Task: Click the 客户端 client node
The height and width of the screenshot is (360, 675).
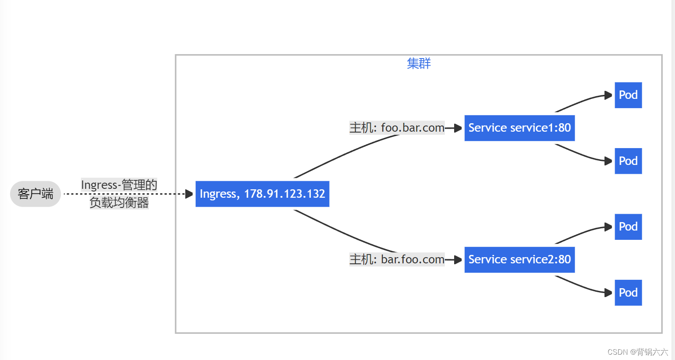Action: pos(35,194)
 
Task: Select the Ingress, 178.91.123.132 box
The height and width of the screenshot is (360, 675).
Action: pos(262,194)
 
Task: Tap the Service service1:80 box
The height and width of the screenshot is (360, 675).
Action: pos(519,128)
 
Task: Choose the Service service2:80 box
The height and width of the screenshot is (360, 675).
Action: pos(519,260)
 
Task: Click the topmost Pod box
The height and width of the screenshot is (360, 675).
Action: pos(628,95)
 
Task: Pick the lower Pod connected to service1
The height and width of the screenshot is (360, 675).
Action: pos(628,161)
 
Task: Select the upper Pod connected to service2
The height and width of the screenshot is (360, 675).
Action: pos(628,227)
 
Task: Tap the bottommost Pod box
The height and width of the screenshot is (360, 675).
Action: pos(628,293)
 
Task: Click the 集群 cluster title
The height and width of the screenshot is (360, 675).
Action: pos(419,63)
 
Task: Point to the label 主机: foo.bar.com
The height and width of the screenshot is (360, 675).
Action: pos(397,128)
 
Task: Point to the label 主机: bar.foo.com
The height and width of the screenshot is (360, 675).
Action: pos(397,259)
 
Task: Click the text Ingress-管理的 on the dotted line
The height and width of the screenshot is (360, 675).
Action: pos(119,185)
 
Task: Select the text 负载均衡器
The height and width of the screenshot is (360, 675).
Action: pos(119,203)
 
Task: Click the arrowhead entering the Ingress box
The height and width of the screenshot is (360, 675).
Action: pos(189,194)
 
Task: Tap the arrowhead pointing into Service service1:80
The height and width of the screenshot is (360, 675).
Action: pos(459,128)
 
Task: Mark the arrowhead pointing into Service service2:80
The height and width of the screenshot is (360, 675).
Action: pos(459,260)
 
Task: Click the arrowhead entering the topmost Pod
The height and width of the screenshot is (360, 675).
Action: pos(608,95)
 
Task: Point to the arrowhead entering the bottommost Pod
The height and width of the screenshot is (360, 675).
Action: pos(608,293)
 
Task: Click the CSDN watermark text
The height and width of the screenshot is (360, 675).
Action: pos(637,352)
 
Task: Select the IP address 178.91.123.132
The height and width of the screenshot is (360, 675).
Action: pos(284,194)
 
